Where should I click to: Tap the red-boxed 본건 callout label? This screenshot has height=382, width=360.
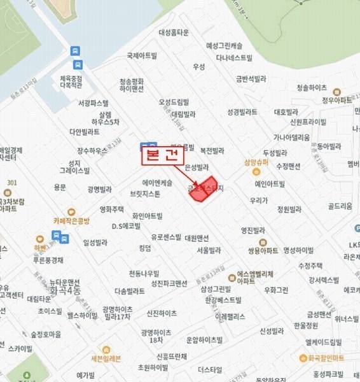pos(162,156)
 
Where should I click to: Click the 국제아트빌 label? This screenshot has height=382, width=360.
pos(141,55)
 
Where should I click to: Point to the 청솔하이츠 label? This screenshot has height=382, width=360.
pos(311,88)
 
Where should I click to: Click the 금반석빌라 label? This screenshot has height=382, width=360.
pos(250,79)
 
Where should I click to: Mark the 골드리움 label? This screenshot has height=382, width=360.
pos(340,206)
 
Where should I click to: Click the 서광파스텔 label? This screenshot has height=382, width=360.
pos(93,102)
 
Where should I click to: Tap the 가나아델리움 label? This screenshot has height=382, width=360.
pos(291,137)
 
